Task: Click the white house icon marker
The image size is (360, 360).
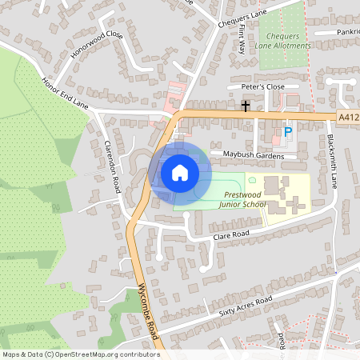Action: pos(180,173)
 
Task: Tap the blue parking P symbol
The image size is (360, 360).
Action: pos(289,132)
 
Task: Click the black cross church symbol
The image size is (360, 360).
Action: pos(246,106)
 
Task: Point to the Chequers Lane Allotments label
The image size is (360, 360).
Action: pos(282,41)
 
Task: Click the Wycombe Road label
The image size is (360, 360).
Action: pos(150,314)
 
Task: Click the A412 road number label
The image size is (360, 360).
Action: pos(348,117)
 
